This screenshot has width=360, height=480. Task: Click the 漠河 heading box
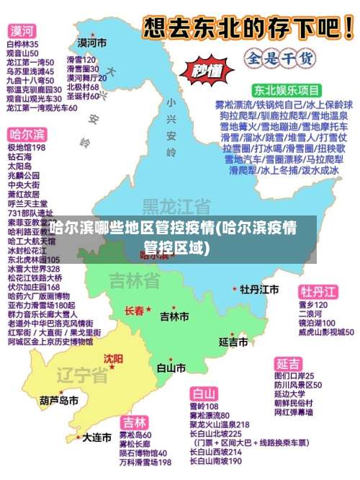[x=21, y=32]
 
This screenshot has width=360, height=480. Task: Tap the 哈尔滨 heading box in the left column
[x=27, y=135]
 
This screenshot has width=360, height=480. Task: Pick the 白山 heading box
[x=204, y=394]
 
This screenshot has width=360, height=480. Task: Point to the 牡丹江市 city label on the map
[x=259, y=289]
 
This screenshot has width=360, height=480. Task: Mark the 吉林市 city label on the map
[x=174, y=316]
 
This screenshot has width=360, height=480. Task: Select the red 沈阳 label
[x=113, y=358]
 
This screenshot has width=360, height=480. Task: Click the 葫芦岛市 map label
[x=59, y=401]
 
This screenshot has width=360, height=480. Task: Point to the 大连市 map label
[x=96, y=437]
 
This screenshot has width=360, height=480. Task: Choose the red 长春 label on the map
[x=135, y=311]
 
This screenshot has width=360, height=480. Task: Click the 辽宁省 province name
[x=81, y=375]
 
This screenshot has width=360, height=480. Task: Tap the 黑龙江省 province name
[x=176, y=207]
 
